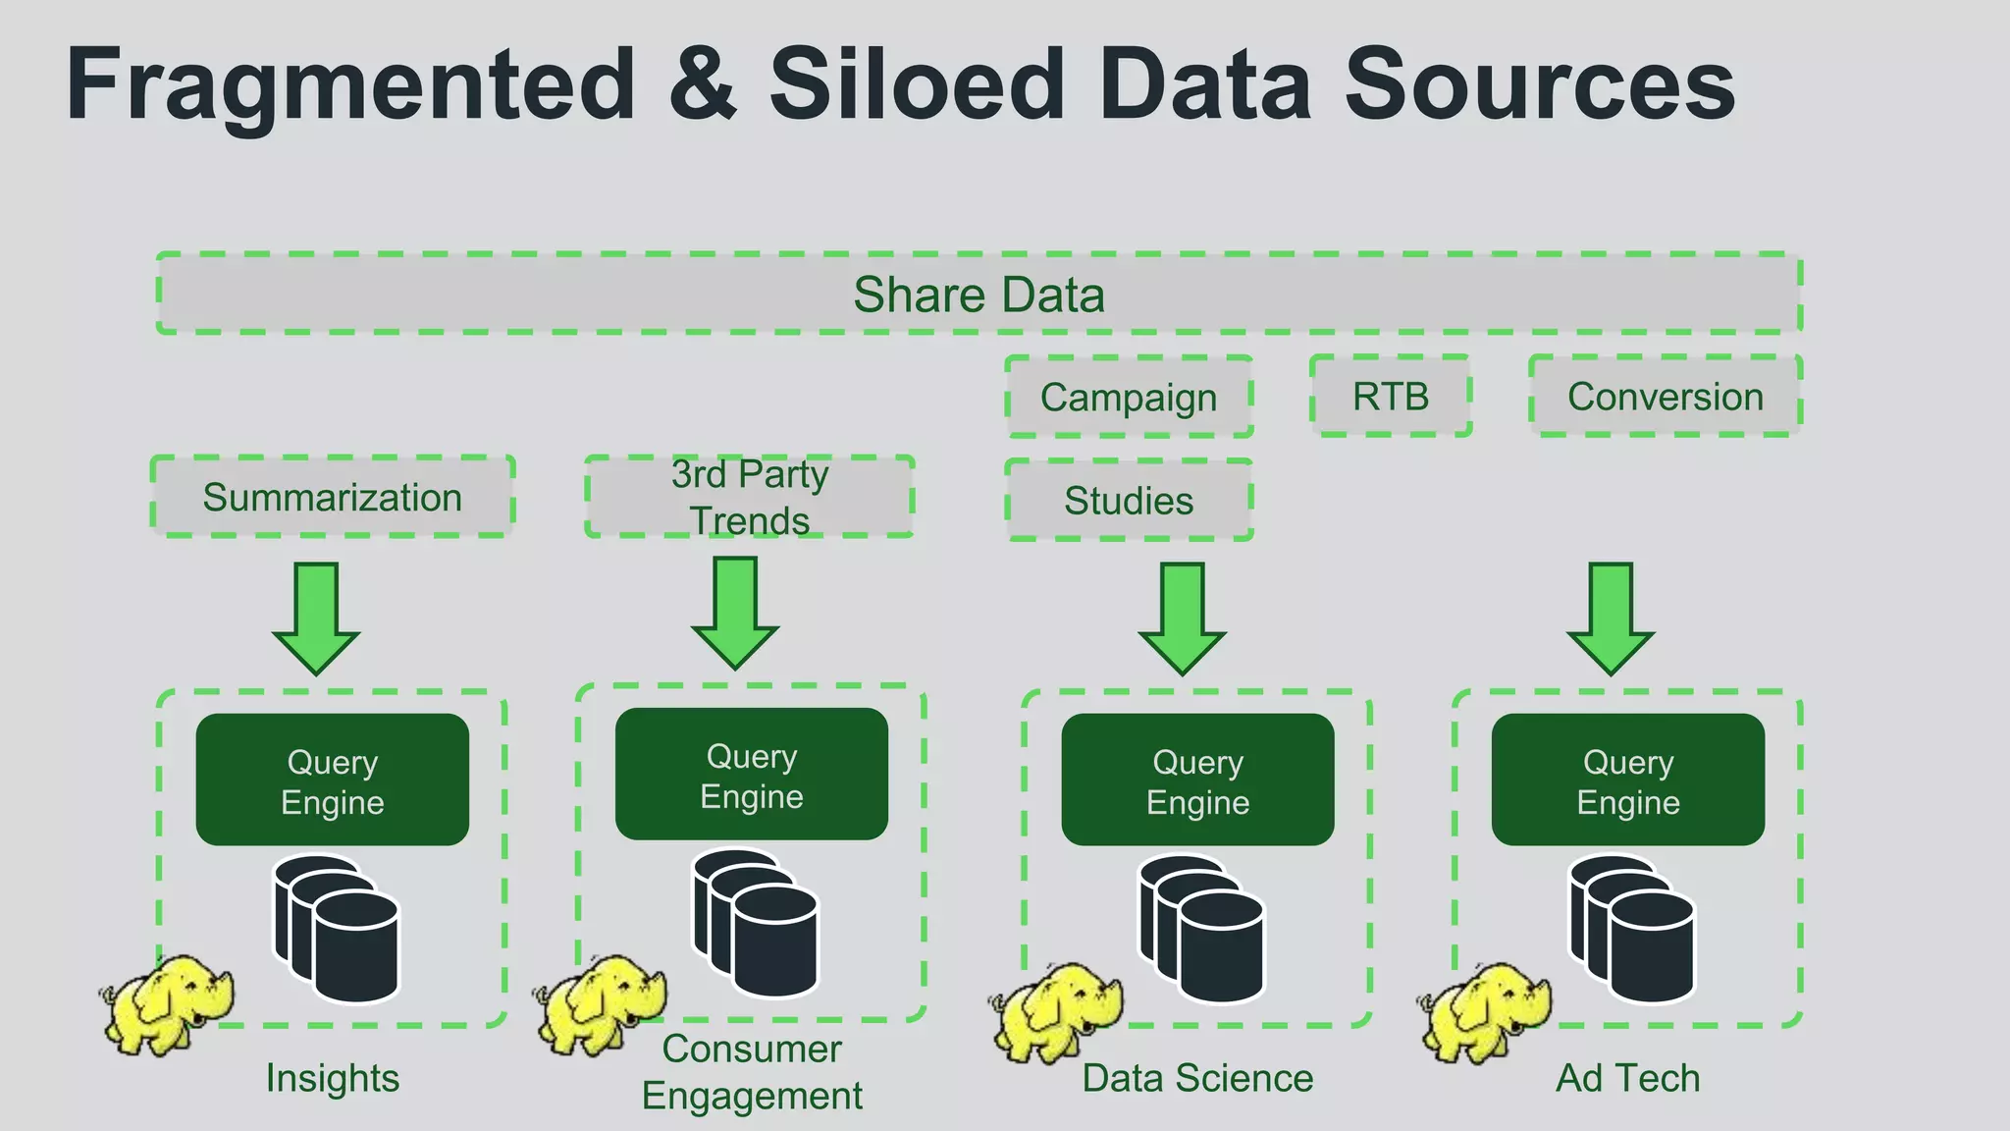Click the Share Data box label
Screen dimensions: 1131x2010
point(979,295)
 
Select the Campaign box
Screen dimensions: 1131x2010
point(1129,398)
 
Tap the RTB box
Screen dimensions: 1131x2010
point(1391,397)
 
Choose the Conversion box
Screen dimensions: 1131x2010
point(1665,397)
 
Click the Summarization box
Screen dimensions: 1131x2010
point(332,497)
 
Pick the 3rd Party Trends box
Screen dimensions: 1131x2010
point(750,497)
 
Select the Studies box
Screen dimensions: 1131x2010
point(1129,501)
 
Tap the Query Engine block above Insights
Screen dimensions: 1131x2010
point(332,781)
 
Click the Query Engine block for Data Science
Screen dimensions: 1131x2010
point(1197,781)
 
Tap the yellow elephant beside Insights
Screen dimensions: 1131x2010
point(167,1003)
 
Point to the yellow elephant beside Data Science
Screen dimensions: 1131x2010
point(1056,1011)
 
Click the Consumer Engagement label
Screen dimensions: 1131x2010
point(752,1072)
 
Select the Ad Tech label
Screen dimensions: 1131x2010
point(1627,1078)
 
